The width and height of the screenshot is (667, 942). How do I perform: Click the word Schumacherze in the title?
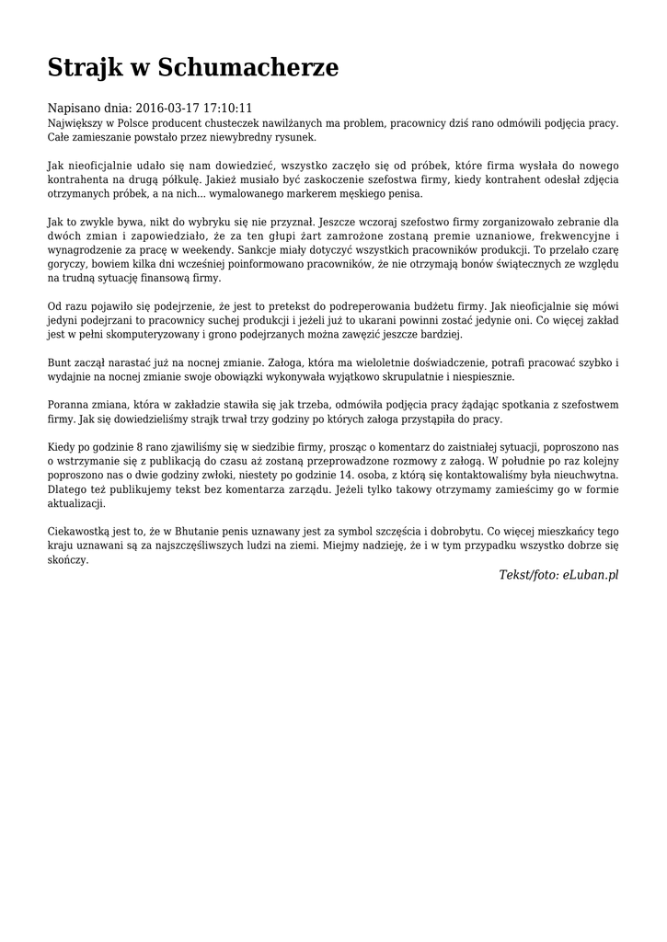pos(248,67)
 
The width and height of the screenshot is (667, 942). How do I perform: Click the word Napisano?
pos(75,108)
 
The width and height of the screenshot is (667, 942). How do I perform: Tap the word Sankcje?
pos(259,249)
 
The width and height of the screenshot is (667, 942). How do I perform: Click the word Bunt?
pos(60,362)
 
